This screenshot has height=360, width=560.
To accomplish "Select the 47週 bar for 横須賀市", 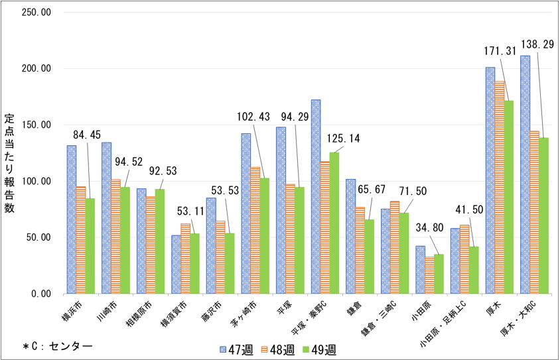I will [x=176, y=265].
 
